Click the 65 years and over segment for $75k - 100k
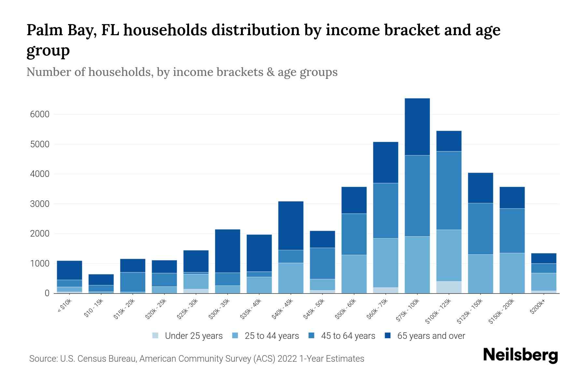click(417, 127)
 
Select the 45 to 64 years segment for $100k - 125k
click(449, 190)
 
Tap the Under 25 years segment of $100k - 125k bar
click(449, 287)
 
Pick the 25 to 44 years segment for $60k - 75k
click(385, 263)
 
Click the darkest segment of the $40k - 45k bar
click(291, 225)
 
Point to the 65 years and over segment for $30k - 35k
click(228, 251)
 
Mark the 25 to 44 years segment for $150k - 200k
click(512, 273)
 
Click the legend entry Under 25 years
click(193, 336)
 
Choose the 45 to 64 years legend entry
click(348, 336)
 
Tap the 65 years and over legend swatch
click(388, 336)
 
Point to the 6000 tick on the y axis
click(40, 114)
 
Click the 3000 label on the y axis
click(40, 204)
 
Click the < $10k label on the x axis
click(64, 307)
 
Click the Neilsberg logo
click(520, 355)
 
